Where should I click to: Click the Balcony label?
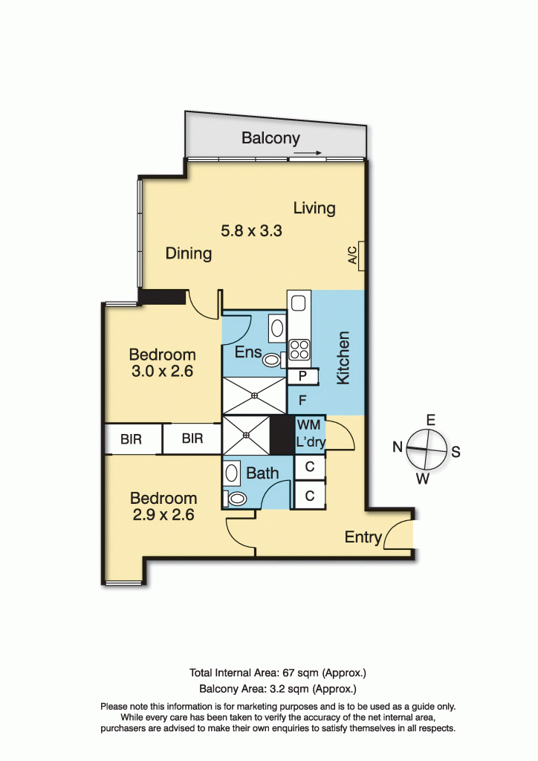coord(270,138)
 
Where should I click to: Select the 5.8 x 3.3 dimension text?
coord(251,231)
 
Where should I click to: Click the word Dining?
coord(189,253)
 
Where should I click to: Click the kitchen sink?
coord(298,302)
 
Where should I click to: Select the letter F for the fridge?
coord(302,401)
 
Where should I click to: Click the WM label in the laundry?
coord(308,424)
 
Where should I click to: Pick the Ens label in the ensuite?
coord(248,352)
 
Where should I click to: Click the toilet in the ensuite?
coord(273,360)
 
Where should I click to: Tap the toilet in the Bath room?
coord(238,499)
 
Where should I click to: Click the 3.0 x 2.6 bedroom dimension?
coord(162,372)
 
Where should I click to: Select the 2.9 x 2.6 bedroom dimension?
coord(163,514)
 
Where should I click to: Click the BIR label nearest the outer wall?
coord(131,439)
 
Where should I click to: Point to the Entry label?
coord(363,537)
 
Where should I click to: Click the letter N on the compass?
coord(398,447)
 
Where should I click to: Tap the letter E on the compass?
coord(431,420)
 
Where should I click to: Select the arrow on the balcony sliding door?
coord(308,154)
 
